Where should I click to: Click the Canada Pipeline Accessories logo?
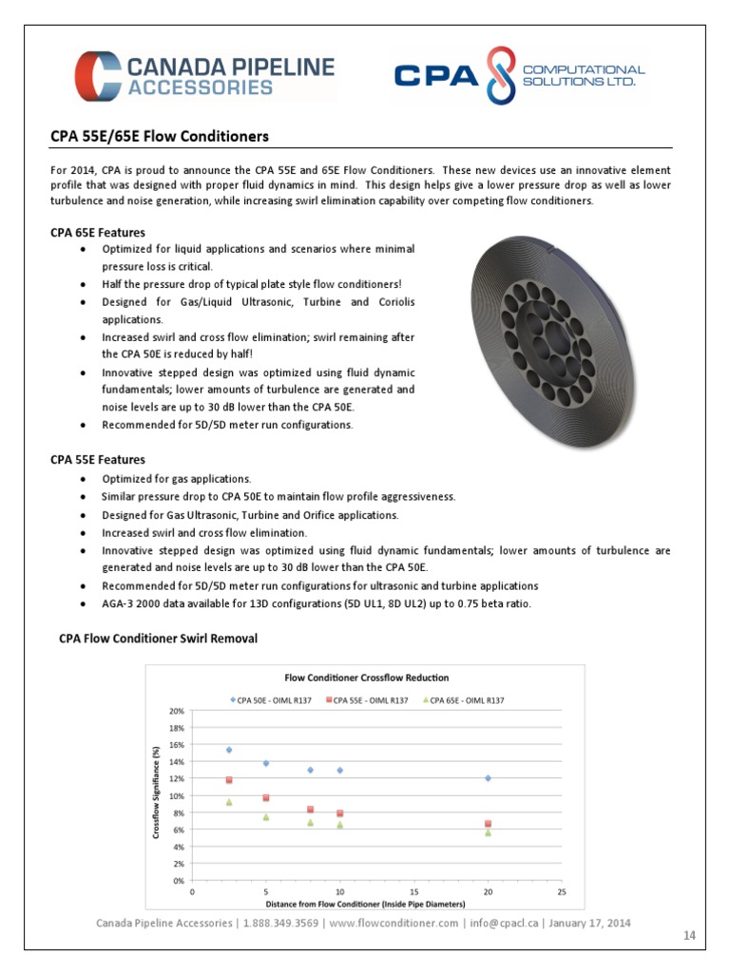pyautogui.click(x=205, y=76)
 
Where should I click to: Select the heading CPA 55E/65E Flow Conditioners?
pyautogui.click(x=160, y=137)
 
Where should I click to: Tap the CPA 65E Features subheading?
pyautogui.click(x=98, y=233)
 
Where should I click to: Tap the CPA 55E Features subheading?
pyautogui.click(x=98, y=460)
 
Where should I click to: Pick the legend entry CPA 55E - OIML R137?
pyautogui.click(x=366, y=700)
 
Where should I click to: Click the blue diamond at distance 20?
pyautogui.click(x=488, y=778)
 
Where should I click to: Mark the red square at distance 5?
pyautogui.click(x=266, y=798)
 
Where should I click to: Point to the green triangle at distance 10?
pyautogui.click(x=339, y=825)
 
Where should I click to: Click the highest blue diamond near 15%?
pyautogui.click(x=229, y=750)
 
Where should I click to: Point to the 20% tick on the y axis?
pyautogui.click(x=176, y=711)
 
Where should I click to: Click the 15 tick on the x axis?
pyautogui.click(x=413, y=892)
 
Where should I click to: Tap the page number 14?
pyautogui.click(x=690, y=936)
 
